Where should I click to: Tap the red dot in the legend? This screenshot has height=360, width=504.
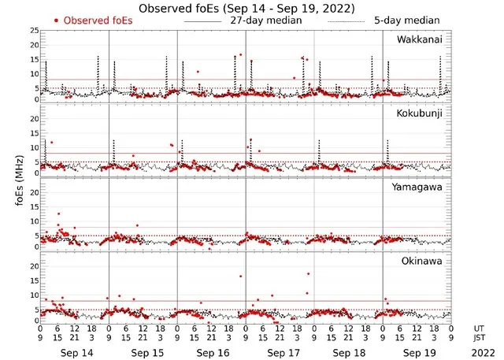click(56, 20)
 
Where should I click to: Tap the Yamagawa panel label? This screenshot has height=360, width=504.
click(420, 187)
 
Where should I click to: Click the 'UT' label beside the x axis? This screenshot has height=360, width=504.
click(480, 327)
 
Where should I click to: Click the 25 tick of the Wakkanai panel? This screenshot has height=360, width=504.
click(33, 31)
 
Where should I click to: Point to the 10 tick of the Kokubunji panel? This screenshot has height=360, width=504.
click(33, 147)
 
